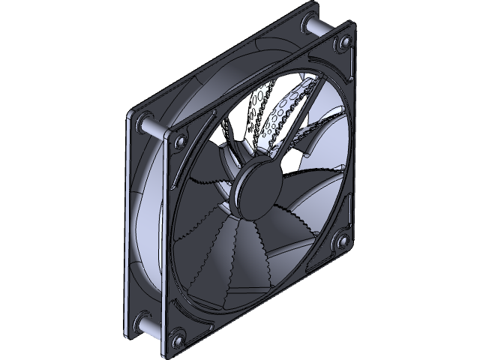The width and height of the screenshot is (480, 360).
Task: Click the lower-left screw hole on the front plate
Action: point(178,342)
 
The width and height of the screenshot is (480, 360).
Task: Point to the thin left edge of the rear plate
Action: point(126,225)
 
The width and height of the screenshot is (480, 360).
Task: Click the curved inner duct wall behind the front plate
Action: point(150,225)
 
